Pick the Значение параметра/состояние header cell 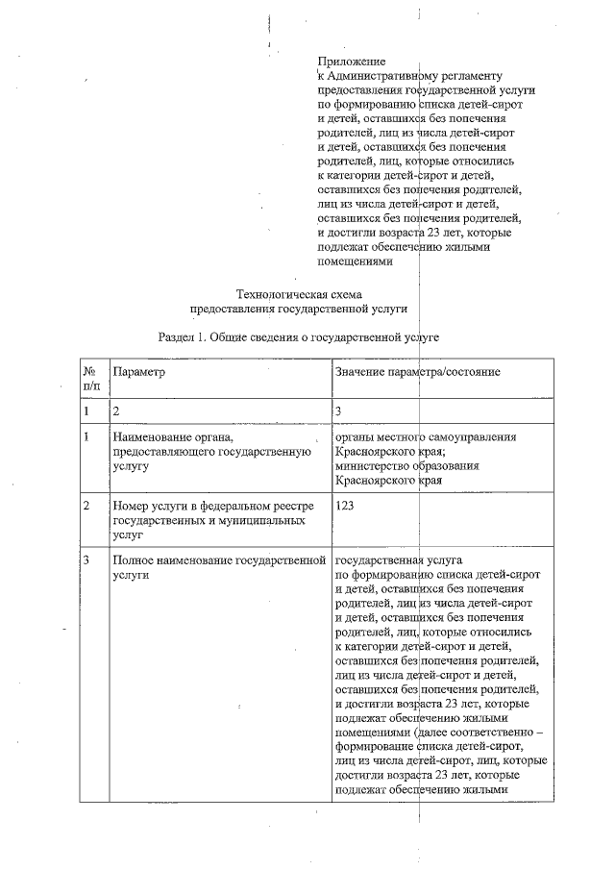click(x=418, y=371)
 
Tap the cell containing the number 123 click(x=346, y=503)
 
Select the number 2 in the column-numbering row click(x=116, y=410)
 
